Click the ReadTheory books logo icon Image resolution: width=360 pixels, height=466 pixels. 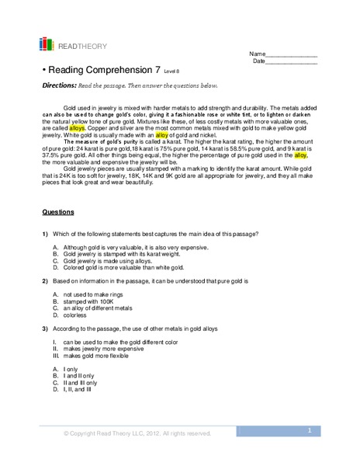(x=47, y=44)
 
